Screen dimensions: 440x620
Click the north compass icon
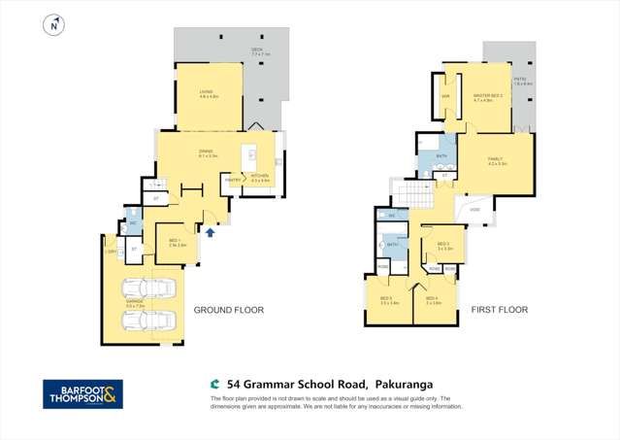pos(54,26)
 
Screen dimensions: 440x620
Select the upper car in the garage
pos(147,288)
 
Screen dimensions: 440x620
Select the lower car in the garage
pos(147,320)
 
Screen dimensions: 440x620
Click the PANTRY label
pos(233,180)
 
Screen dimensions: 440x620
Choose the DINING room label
pos(206,152)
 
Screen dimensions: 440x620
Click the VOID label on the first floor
pos(474,209)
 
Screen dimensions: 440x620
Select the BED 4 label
pos(433,299)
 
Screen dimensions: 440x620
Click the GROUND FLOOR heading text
pos(229,310)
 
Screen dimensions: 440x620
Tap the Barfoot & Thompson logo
pos(82,393)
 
